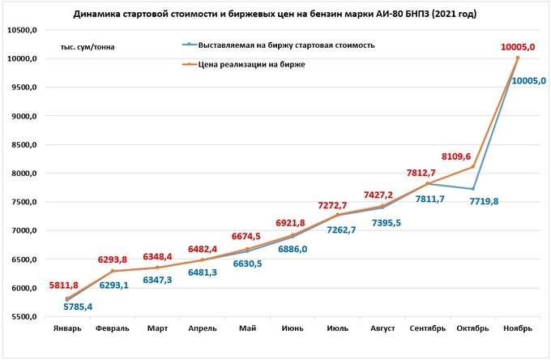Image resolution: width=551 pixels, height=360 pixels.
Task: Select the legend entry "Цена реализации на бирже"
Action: tap(251, 63)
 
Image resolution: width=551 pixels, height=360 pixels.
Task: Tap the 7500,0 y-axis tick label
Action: tap(24, 202)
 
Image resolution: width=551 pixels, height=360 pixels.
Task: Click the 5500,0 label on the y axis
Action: tap(24, 317)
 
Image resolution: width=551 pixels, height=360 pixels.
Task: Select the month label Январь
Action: tap(67, 328)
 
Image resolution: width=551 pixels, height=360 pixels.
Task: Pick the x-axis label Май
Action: tap(247, 328)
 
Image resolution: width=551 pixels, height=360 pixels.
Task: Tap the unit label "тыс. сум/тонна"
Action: tap(87, 46)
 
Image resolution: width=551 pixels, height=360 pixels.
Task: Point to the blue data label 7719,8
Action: tap(484, 200)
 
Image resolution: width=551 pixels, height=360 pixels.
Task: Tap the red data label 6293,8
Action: tap(113, 259)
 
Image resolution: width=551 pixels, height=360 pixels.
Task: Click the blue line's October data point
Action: tap(472, 189)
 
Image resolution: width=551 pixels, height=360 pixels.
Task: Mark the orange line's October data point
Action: tap(472, 167)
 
